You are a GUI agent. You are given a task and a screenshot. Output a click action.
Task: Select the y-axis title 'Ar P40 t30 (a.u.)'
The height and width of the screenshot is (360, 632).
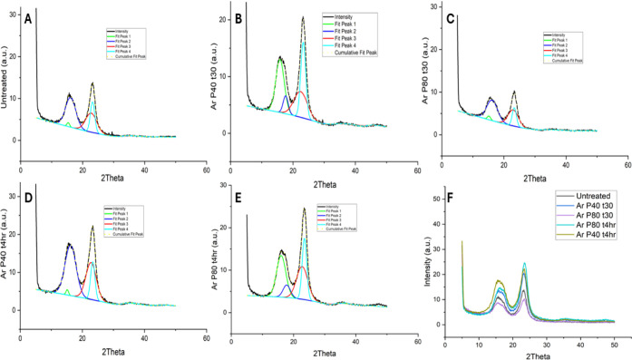209,82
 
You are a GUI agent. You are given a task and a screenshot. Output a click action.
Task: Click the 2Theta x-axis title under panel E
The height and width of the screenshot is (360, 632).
316,350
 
